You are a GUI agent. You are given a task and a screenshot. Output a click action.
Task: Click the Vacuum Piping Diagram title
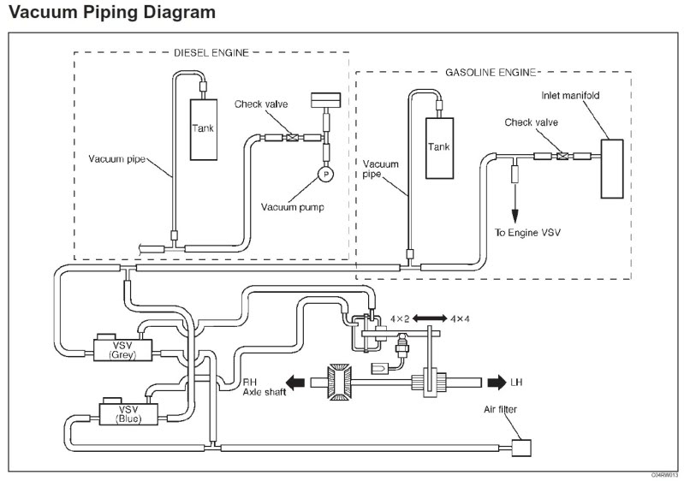tap(110, 14)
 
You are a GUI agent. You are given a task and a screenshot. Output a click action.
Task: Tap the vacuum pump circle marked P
tap(325, 174)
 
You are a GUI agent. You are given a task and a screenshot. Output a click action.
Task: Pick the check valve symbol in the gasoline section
tap(562, 156)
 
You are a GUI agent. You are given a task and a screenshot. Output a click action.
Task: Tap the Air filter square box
tap(520, 447)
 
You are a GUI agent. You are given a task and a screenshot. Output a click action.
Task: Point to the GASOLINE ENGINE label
tap(491, 73)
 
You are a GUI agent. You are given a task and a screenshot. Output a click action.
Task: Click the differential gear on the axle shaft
tap(340, 382)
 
